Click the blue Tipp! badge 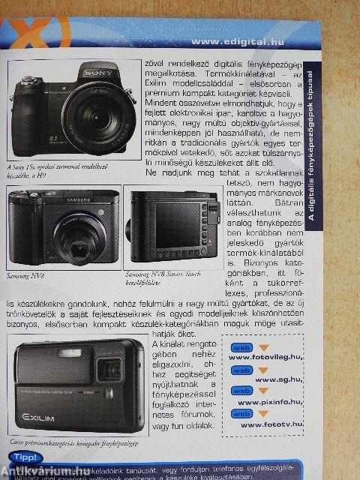[x=23, y=457]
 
